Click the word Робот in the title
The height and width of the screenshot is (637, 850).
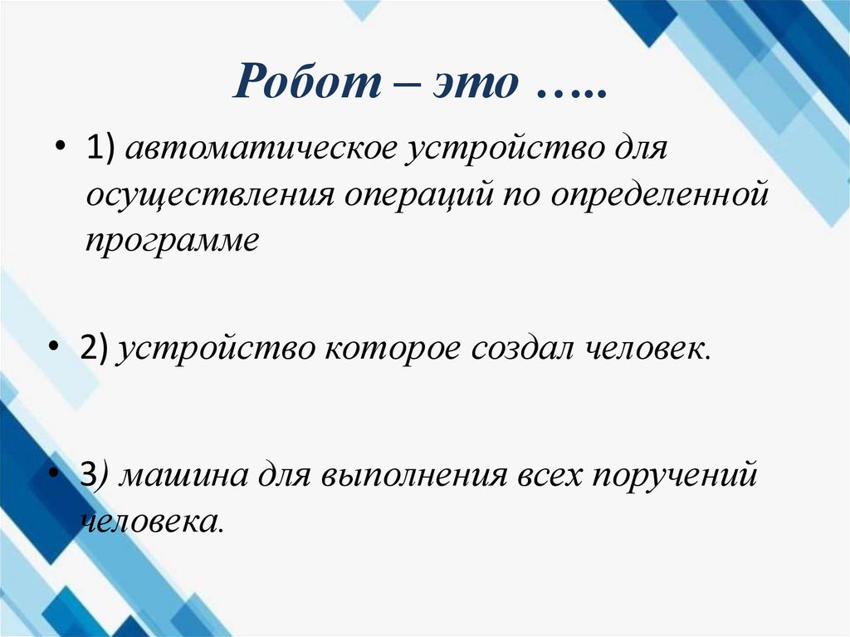point(304,85)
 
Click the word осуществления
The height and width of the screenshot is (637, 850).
point(211,196)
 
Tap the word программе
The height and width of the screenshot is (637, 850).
point(172,239)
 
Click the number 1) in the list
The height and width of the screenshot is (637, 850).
point(102,152)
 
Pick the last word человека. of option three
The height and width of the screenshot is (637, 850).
point(154,521)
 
